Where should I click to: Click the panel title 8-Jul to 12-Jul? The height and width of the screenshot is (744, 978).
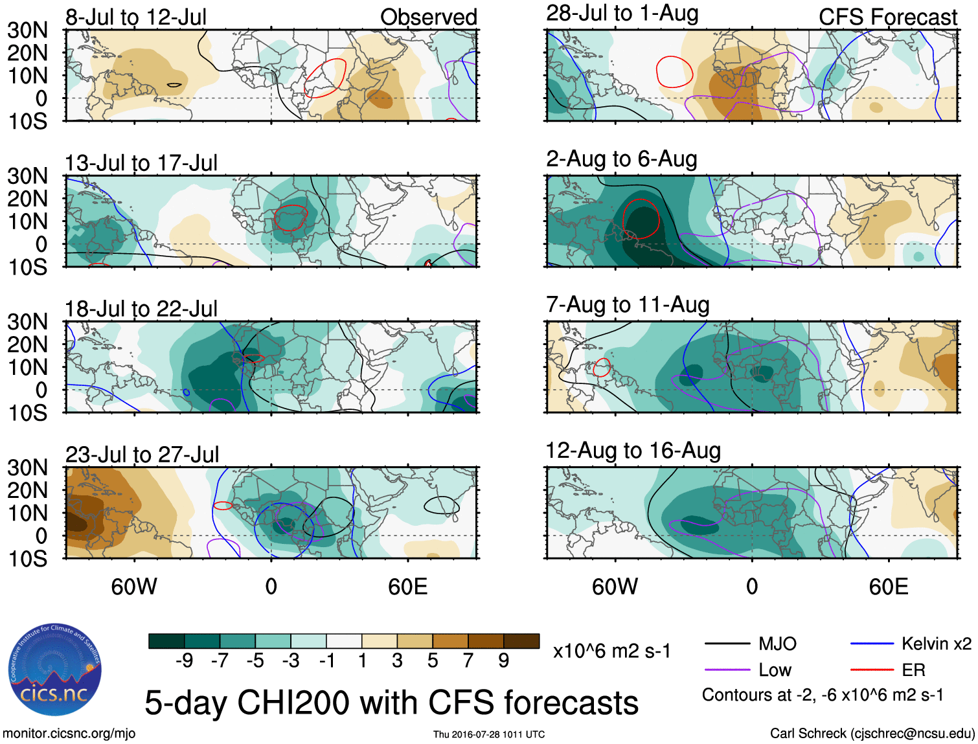click(136, 17)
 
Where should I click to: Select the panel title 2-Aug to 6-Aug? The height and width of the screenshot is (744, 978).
click(622, 159)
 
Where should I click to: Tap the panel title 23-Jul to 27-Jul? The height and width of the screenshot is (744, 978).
click(142, 455)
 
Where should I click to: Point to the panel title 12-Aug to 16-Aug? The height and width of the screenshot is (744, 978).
click(633, 451)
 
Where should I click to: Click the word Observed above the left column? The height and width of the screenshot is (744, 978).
click(428, 17)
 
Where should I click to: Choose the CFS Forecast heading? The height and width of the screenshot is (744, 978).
click(887, 17)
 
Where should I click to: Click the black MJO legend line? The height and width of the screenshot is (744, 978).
click(727, 644)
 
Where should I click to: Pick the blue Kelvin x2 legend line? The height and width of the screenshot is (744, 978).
click(872, 644)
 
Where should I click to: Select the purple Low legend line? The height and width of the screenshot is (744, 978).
click(727, 670)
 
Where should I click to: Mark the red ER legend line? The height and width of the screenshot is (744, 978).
click(872, 670)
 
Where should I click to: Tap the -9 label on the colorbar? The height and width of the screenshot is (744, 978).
click(184, 660)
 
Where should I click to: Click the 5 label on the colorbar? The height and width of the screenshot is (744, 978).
click(432, 660)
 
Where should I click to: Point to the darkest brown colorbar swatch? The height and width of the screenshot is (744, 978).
click(521, 641)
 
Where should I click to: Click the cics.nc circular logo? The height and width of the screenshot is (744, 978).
click(55, 670)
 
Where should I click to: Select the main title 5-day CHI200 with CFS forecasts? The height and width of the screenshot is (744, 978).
click(391, 703)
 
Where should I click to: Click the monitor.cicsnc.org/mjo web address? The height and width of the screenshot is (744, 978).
click(69, 734)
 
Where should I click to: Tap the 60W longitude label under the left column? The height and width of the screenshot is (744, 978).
click(134, 587)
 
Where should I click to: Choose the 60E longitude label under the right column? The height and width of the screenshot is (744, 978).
click(888, 587)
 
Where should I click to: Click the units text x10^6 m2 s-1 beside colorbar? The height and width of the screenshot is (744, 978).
click(611, 651)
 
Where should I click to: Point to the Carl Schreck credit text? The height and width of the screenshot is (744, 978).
click(872, 734)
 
